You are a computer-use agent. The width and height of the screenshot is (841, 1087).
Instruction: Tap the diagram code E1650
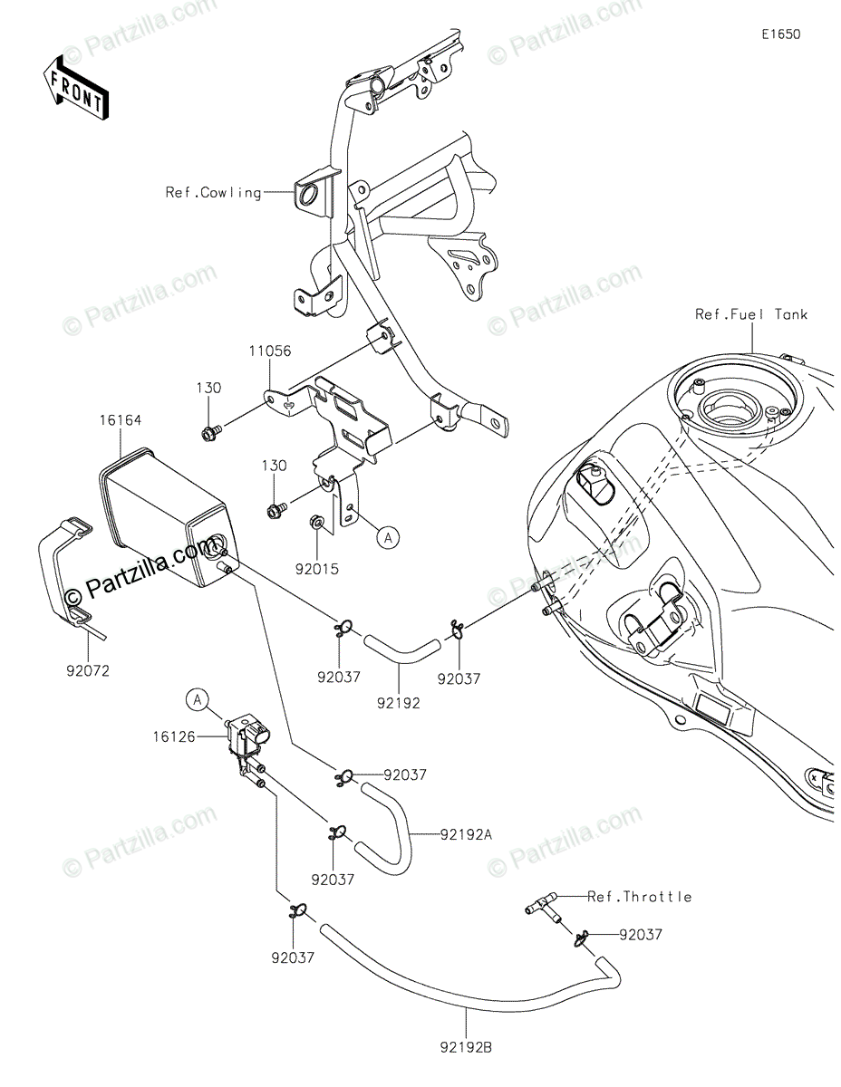tap(780, 34)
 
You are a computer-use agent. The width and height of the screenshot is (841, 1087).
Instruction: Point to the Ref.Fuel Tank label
tap(751, 314)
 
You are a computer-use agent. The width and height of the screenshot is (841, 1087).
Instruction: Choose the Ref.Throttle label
tap(639, 897)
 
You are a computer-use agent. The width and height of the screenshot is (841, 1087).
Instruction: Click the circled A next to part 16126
tap(198, 698)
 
